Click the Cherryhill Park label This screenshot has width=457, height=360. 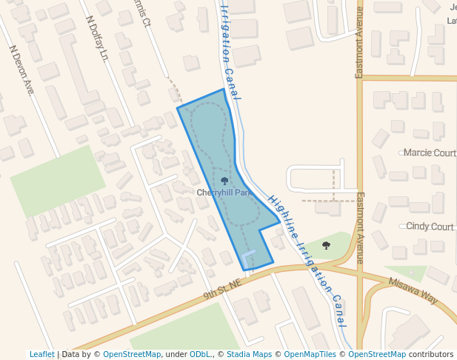224,193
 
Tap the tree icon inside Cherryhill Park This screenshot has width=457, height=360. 224,180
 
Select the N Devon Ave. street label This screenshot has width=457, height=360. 22,70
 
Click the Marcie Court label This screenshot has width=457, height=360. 430,153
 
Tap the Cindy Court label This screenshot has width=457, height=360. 430,227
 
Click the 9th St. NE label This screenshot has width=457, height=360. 223,290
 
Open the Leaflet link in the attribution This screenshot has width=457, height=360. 41,355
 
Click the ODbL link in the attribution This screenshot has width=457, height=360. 199,355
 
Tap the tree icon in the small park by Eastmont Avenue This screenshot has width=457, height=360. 326,245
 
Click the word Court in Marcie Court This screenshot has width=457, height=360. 442,153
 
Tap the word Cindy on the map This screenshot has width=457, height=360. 418,227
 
